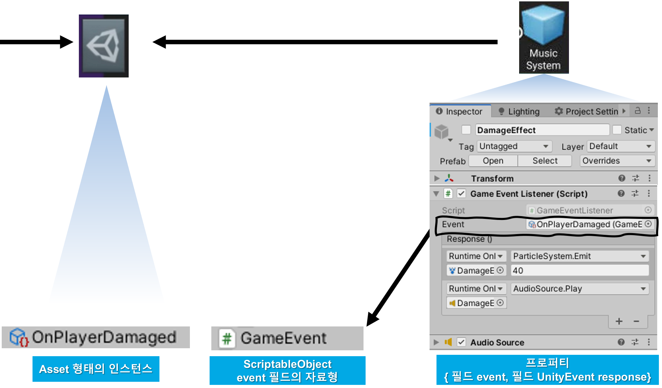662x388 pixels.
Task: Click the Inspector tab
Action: point(459,111)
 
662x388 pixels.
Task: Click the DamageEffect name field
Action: point(542,130)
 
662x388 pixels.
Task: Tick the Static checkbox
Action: point(617,130)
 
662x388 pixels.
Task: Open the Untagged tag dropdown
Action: point(514,146)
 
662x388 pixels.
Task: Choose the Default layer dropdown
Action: point(620,146)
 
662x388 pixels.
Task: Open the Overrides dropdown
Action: point(617,161)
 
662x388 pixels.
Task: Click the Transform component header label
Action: point(492,178)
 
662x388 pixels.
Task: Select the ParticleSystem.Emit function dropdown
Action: point(579,256)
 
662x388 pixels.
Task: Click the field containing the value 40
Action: point(579,270)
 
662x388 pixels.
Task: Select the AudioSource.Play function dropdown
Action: point(579,289)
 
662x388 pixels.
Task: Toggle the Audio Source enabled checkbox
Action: point(461,342)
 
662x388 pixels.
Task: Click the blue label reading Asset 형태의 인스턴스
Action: point(96,369)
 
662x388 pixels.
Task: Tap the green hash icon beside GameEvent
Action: point(227,338)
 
